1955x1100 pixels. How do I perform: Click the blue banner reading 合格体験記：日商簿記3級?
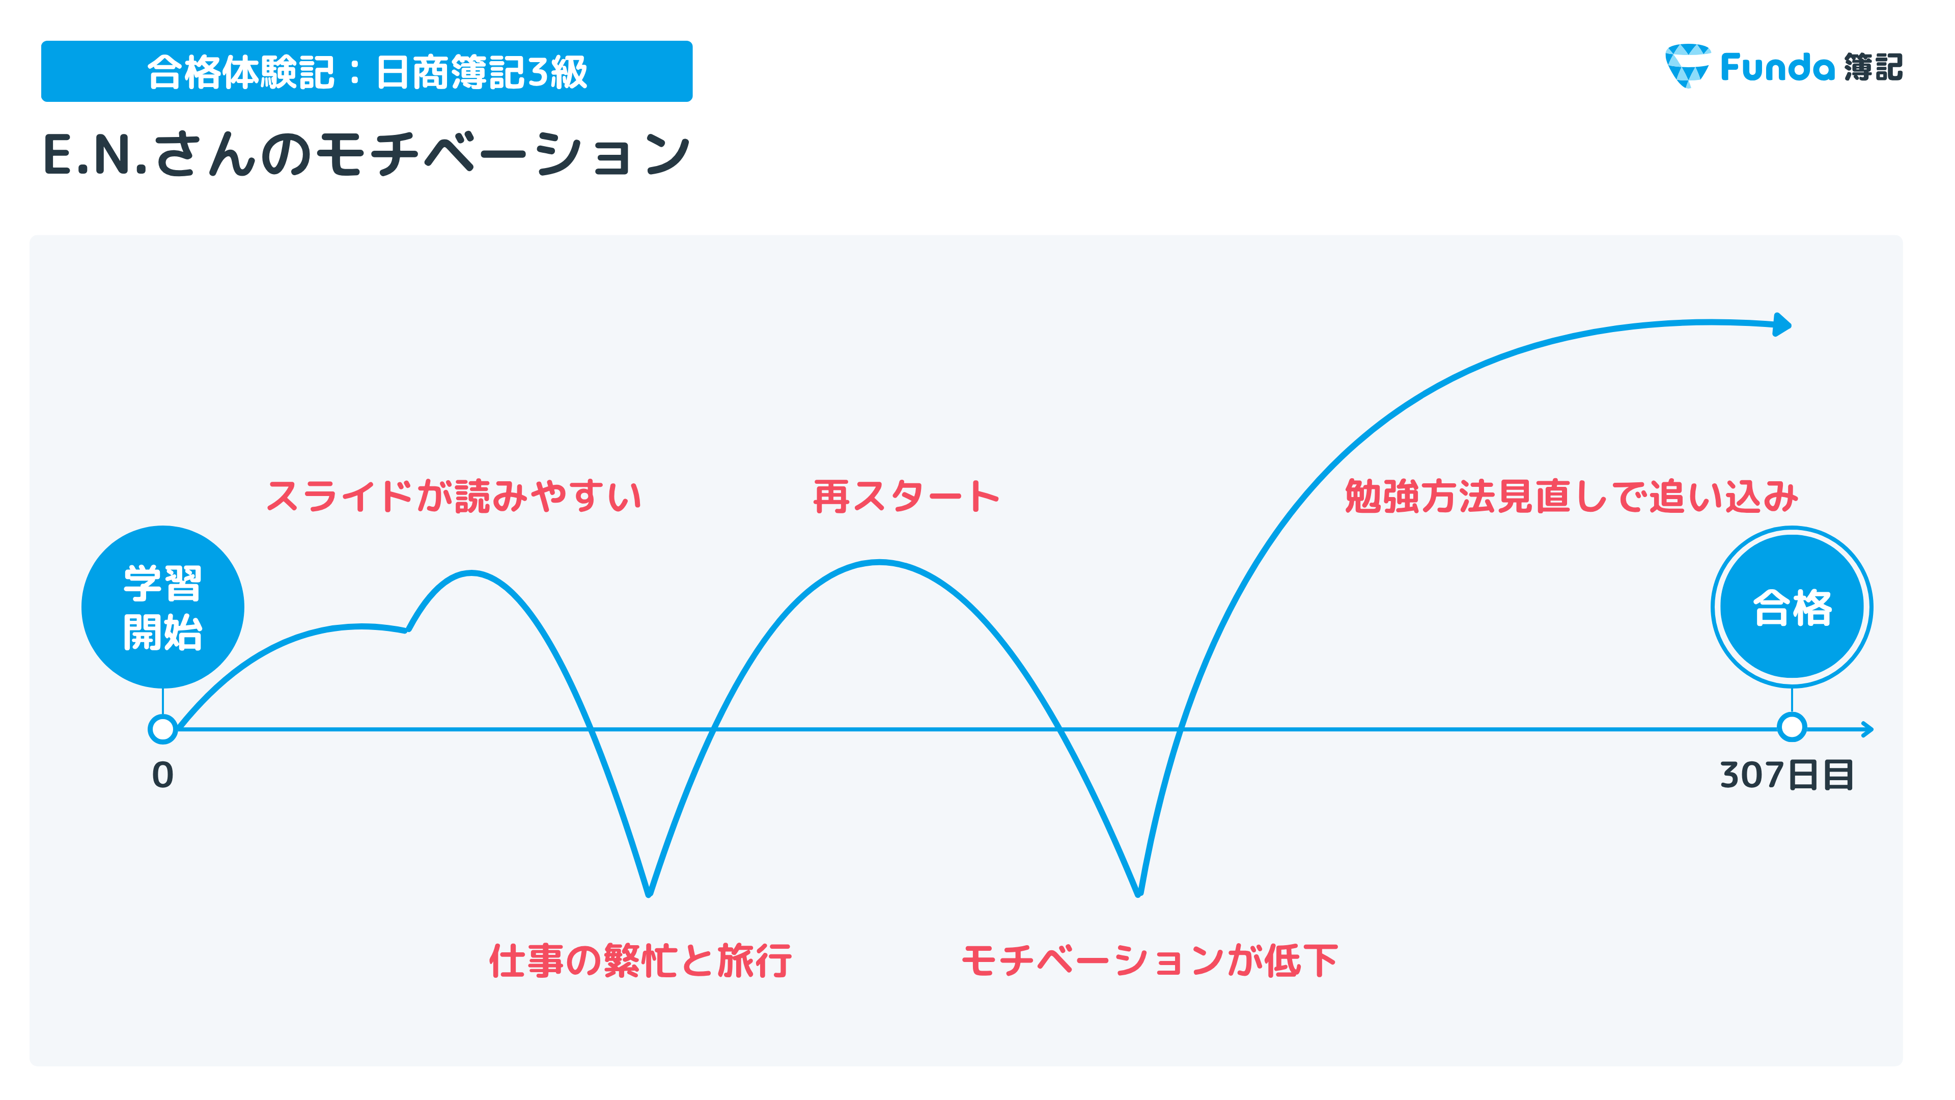367,71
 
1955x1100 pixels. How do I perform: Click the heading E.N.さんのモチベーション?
367,154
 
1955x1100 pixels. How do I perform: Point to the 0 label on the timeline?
162,775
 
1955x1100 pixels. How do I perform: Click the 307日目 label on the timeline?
1786,775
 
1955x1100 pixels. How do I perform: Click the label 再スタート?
906,497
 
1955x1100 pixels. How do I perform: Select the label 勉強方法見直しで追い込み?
1571,497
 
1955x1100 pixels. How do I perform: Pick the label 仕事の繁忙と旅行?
640,960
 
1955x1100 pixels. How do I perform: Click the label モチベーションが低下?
1149,960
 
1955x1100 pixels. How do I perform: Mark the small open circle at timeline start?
162,729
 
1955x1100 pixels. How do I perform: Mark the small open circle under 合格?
1792,727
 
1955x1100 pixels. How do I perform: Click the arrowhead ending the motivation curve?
1783,325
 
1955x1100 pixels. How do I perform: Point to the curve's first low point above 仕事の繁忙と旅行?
649,894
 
